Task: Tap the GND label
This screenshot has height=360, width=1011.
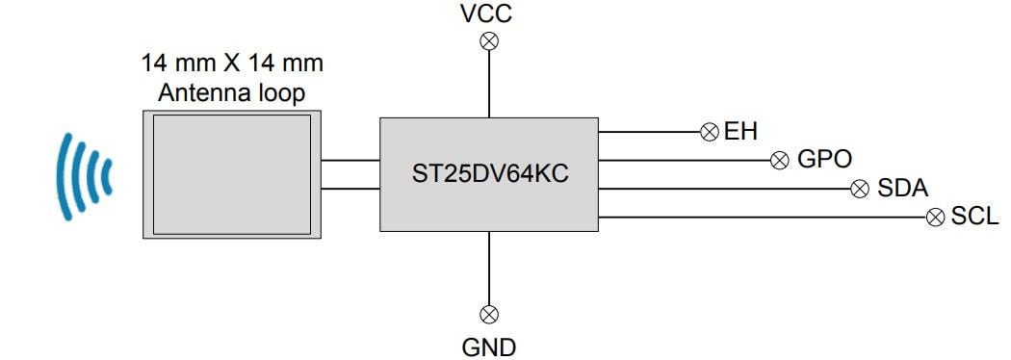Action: (x=488, y=345)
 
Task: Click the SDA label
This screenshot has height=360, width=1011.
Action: (x=903, y=189)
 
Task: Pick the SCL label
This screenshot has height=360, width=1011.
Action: (x=974, y=218)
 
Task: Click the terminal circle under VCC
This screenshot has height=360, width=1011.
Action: (x=489, y=40)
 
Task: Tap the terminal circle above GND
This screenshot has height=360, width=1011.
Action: (x=489, y=314)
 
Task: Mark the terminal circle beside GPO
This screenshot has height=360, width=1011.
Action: (x=781, y=160)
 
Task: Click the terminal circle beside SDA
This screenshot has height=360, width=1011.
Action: (x=860, y=189)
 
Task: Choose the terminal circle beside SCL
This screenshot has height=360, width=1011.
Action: (x=934, y=218)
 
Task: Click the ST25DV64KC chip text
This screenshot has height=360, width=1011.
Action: (x=488, y=174)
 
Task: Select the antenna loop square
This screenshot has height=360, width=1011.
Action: (x=231, y=173)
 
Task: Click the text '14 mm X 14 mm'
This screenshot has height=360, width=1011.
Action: (x=232, y=64)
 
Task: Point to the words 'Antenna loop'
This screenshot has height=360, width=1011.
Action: (x=232, y=93)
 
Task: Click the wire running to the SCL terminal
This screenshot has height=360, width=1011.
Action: (x=761, y=218)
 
